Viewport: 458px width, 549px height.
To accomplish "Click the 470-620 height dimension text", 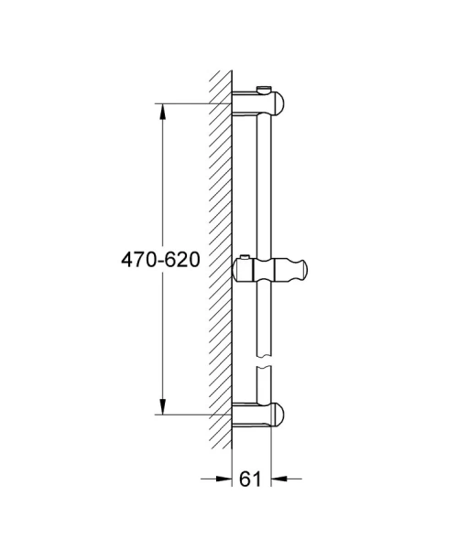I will coord(160,260).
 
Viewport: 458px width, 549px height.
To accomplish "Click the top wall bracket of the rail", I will coord(261,103).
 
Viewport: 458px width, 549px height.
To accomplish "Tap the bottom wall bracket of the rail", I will coord(261,414).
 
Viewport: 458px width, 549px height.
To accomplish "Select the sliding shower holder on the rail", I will coord(272,272).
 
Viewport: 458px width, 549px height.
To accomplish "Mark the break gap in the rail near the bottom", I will coord(265,367).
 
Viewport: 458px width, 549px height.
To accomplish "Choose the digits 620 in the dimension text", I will coord(182,260).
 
